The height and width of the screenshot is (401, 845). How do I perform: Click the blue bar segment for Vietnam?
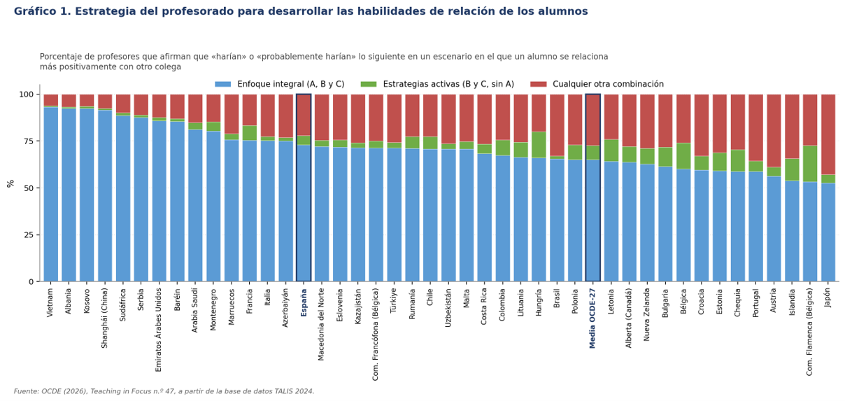pos(51,195)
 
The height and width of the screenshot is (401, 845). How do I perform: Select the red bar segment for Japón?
pos(828,134)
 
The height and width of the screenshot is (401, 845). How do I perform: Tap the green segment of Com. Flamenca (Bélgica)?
pos(810,164)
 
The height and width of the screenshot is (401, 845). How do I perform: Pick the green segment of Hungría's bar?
pos(539,145)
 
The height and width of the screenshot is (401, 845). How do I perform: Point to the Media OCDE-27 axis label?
pos(592,318)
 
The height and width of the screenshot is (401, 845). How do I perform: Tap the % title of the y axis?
pos(10,184)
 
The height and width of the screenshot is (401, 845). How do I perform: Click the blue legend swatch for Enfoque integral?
pos(223,84)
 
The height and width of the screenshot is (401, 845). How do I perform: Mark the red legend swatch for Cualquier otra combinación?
pos(539,84)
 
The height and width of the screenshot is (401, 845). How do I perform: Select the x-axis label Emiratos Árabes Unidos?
pos(158,330)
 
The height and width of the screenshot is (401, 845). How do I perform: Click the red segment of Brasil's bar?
pos(557,125)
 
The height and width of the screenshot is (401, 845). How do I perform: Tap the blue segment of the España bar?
pos(304,213)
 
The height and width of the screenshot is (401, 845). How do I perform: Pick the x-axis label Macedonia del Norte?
pos(321,325)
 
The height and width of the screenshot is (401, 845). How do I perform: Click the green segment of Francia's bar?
pos(249,133)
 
